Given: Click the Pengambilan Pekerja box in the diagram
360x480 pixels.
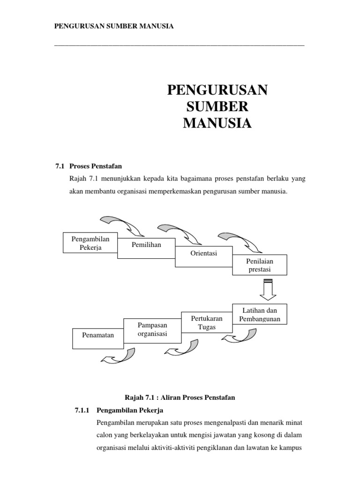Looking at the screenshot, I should point(90,243).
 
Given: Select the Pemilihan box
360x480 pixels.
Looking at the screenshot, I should point(146,246).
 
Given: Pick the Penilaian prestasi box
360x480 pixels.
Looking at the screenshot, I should point(260,264).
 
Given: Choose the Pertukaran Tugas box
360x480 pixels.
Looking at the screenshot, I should point(207,322).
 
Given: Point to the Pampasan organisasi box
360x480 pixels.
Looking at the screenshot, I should point(152,329).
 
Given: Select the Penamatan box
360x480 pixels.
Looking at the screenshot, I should point(98,336).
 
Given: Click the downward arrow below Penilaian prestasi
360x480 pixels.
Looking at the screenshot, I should point(268,290).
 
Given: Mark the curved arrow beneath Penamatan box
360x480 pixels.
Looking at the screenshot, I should point(117,356).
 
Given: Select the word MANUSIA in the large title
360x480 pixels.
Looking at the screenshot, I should point(217,123).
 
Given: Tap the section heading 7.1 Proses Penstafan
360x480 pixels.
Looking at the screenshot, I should point(89,166).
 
